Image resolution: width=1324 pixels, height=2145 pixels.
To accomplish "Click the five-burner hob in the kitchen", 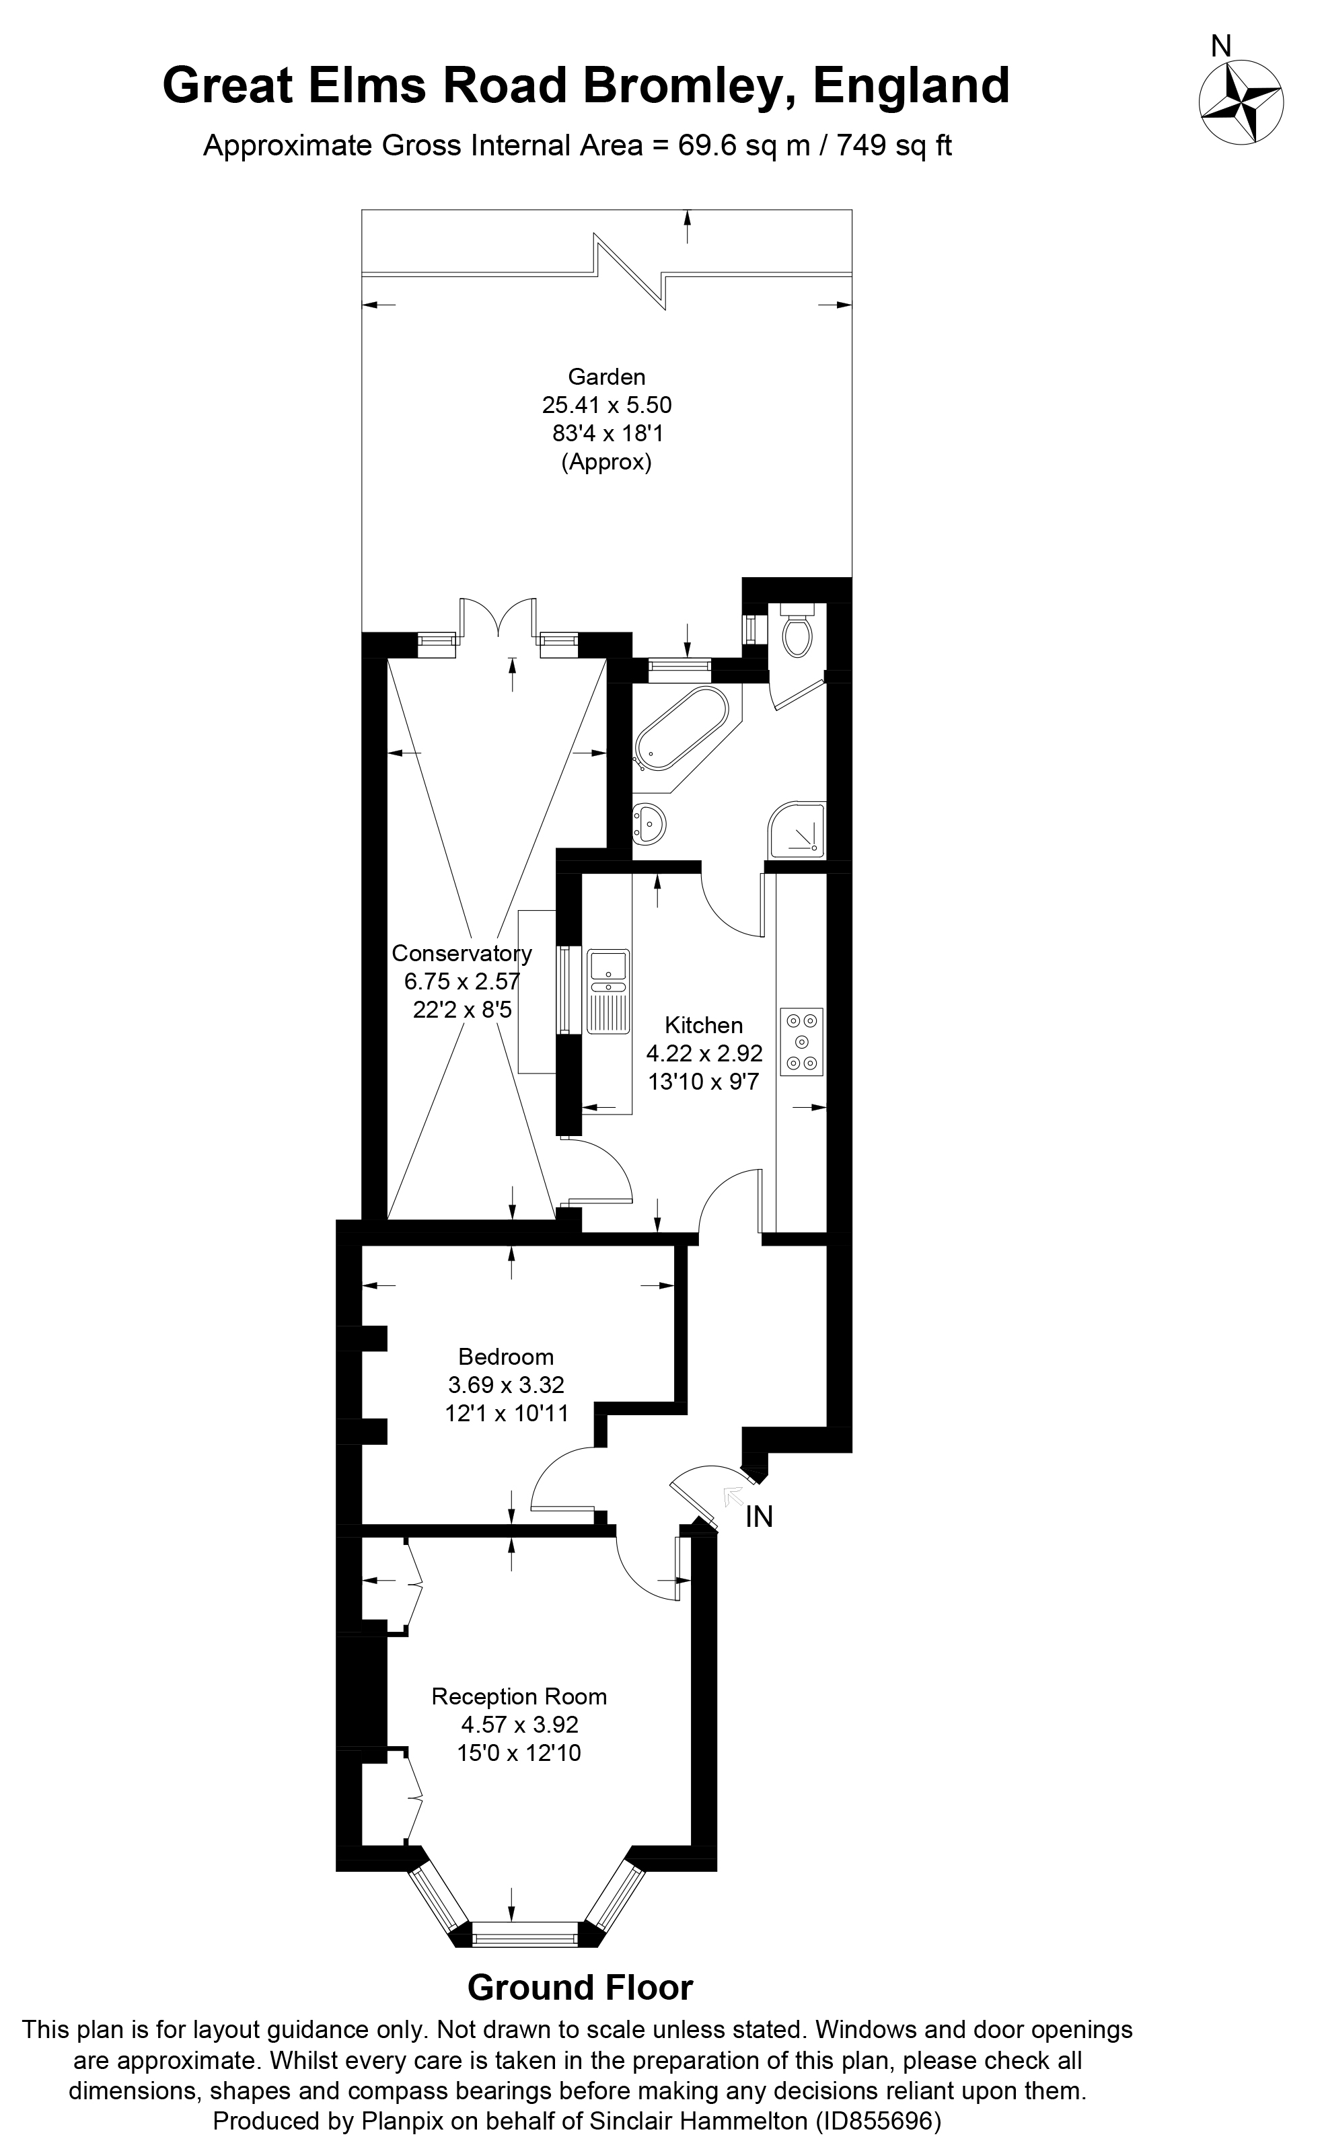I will [802, 1042].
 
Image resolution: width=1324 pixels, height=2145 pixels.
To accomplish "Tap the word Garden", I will [606, 377].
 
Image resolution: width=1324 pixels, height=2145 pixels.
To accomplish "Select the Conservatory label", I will [462, 952].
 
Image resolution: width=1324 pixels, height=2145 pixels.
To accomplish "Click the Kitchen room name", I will [703, 1025].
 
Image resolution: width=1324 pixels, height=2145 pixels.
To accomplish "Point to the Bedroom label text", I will [506, 1357].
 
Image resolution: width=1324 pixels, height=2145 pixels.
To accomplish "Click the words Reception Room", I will [519, 1697].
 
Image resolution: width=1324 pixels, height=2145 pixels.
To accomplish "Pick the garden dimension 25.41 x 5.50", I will [606, 406].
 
